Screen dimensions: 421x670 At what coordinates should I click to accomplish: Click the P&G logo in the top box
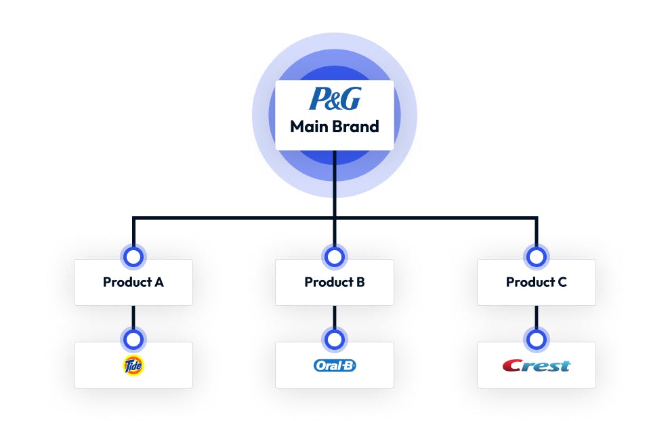coord(335,99)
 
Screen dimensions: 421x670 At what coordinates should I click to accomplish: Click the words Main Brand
coord(335,127)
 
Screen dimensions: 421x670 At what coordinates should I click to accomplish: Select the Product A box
coord(133,282)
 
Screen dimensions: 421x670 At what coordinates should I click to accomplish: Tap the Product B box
coord(335,282)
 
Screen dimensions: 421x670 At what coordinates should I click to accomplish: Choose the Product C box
coord(536,282)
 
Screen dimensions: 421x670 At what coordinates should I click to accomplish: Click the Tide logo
coord(133,365)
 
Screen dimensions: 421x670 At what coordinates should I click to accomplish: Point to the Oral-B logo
coord(335,365)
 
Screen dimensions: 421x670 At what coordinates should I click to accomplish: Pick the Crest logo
coord(536,365)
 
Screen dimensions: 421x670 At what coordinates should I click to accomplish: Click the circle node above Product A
coord(133,256)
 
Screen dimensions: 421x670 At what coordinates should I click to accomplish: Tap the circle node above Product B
coord(335,256)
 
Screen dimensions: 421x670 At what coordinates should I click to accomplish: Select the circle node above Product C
coord(536,256)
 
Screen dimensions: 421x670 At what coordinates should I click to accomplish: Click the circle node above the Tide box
coord(133,339)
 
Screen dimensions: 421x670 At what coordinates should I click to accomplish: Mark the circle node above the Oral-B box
coord(335,339)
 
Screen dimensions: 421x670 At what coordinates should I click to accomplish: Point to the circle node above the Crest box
coord(536,339)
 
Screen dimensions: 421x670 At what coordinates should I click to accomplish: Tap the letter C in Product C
coord(562,282)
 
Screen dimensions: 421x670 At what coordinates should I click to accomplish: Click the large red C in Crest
coord(512,365)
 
